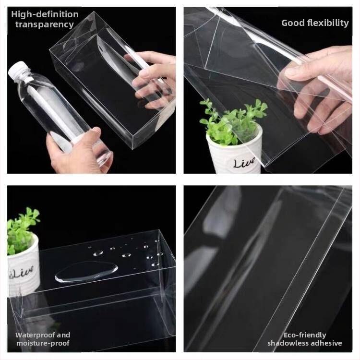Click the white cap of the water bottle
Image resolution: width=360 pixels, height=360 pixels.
click(x=17, y=69)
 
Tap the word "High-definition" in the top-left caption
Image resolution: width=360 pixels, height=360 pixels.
click(x=45, y=14)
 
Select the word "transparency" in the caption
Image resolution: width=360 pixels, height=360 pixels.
click(x=45, y=24)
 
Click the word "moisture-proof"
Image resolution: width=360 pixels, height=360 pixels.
click(x=43, y=343)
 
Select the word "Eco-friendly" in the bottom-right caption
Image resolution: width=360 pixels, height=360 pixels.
click(x=305, y=335)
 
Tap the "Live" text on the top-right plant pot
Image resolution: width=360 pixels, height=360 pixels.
click(x=244, y=163)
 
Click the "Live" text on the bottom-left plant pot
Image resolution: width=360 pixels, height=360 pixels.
click(x=22, y=272)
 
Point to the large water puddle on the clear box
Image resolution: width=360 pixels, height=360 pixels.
click(x=86, y=272)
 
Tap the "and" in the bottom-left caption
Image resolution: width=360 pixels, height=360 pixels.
click(x=63, y=335)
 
